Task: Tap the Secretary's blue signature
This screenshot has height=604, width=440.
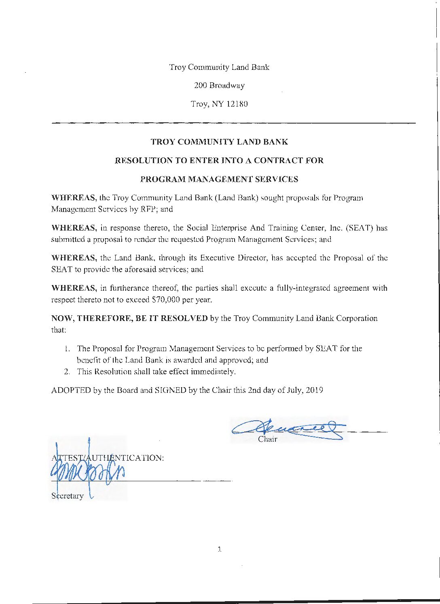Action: click(87, 472)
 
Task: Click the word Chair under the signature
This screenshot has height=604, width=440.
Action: click(267, 439)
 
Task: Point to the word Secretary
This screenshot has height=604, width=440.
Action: click(68, 496)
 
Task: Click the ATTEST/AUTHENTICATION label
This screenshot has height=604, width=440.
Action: click(108, 458)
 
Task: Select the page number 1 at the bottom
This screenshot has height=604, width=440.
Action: click(219, 549)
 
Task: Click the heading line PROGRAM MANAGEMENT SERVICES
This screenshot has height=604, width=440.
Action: click(219, 179)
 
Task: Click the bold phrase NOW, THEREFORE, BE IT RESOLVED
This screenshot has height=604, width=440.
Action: click(129, 318)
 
